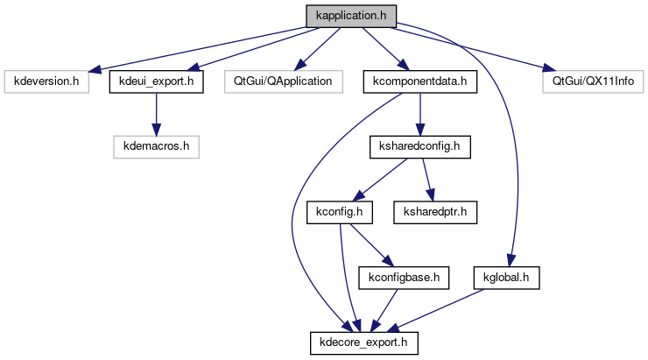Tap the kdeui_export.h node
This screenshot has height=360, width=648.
coord(156,82)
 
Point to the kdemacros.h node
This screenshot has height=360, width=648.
coord(156,145)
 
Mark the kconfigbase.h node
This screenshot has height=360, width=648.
coord(404,278)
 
